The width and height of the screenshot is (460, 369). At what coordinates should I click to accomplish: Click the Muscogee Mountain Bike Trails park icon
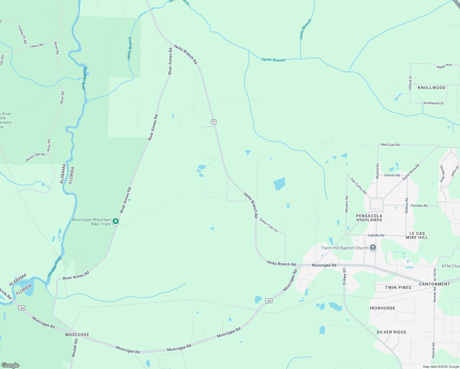[x=116, y=221]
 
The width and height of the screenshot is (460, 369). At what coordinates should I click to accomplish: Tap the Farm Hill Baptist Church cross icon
[x=373, y=248]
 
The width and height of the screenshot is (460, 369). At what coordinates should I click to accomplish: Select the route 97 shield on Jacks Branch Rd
[x=214, y=122]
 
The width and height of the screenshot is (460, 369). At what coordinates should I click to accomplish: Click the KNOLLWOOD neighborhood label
[x=431, y=88]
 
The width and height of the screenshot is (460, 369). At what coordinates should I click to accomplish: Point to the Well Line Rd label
[x=390, y=145]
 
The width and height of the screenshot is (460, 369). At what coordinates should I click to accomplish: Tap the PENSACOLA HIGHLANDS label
[x=369, y=218]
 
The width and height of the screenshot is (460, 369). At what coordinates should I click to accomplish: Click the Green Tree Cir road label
[x=268, y=225]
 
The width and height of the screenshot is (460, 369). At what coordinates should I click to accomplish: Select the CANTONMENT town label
[x=434, y=284]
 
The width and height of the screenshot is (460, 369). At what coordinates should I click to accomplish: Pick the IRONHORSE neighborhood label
[x=383, y=308]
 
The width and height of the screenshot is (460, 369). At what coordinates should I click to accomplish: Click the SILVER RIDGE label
[x=391, y=332]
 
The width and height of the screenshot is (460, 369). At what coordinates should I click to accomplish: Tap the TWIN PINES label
[x=398, y=288]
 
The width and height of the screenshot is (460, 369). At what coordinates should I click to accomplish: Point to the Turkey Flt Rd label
[x=22, y=34]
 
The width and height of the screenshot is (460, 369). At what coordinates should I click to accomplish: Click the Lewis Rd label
[x=36, y=46]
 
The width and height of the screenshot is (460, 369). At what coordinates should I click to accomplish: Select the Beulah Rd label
[x=74, y=348]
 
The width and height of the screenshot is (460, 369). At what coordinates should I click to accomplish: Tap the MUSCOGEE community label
[x=77, y=335]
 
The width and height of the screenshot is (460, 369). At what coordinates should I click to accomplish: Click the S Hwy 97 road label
[x=345, y=276]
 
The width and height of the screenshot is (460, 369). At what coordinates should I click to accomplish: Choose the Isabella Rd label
[x=376, y=235]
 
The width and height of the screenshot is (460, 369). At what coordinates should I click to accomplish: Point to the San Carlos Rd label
[x=359, y=186]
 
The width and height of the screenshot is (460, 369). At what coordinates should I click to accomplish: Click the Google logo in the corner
[x=10, y=365]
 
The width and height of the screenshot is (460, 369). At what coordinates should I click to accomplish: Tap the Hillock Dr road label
[x=410, y=83]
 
